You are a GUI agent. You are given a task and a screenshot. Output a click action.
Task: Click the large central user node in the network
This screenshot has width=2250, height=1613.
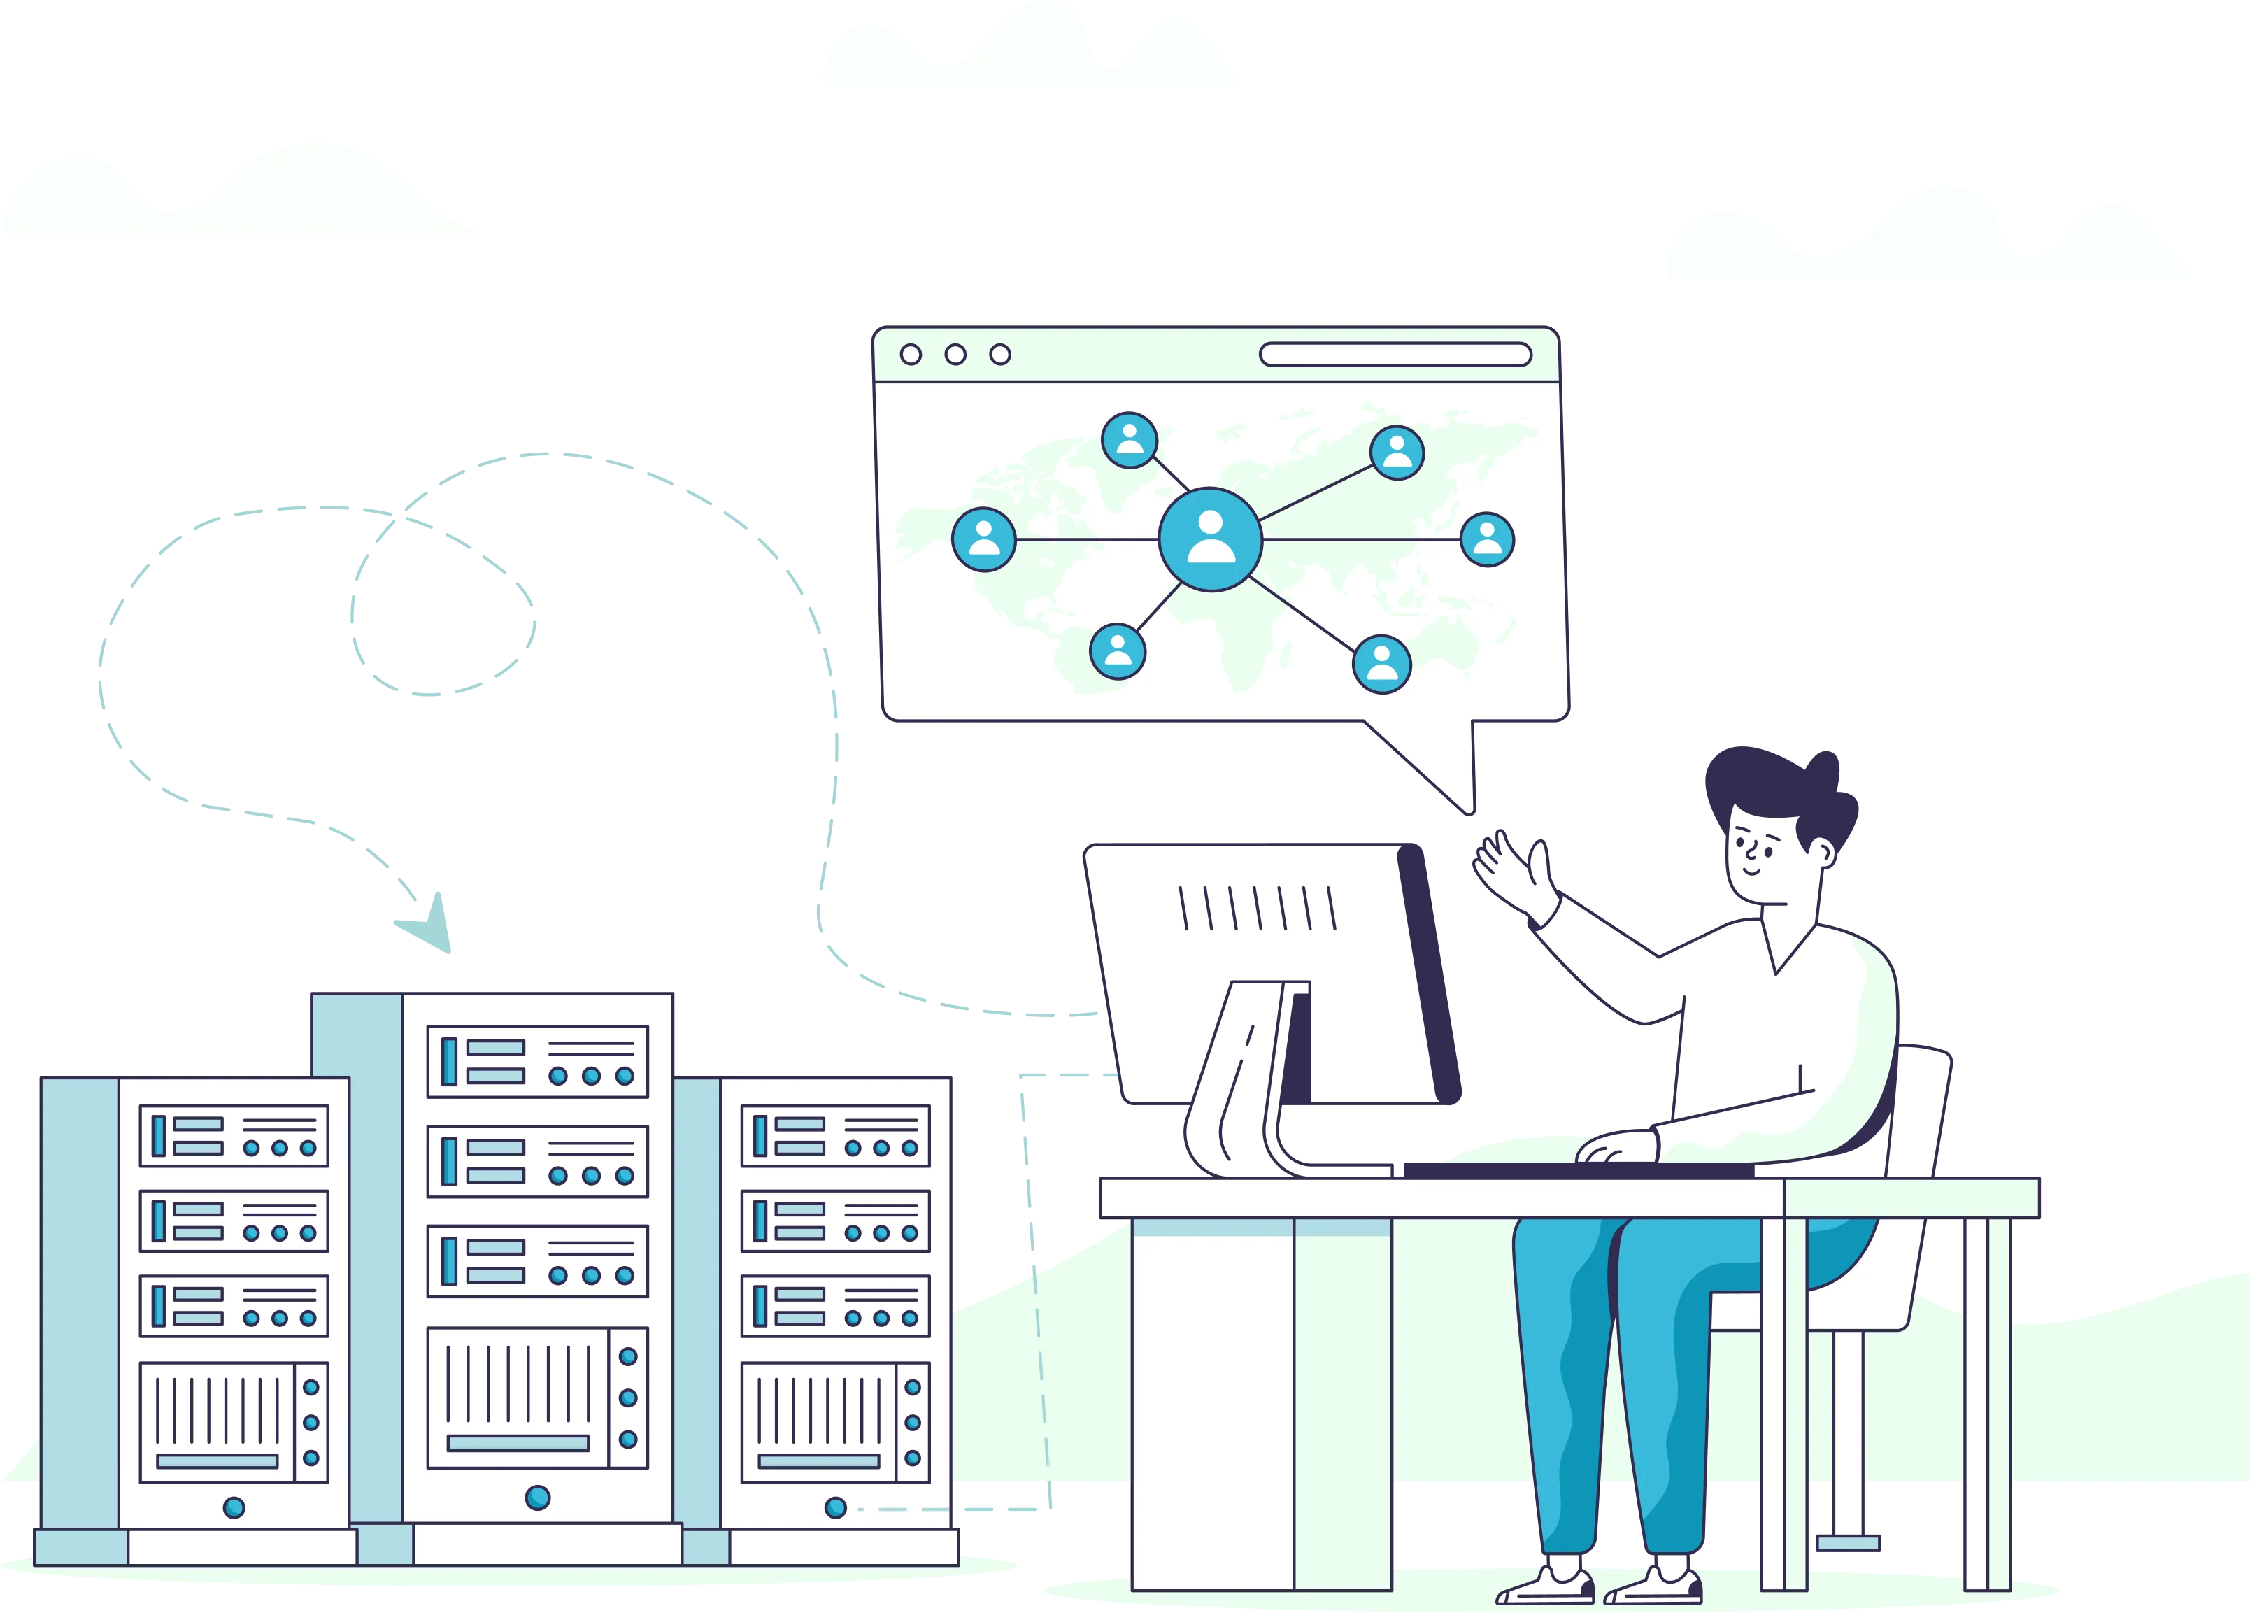click(1210, 540)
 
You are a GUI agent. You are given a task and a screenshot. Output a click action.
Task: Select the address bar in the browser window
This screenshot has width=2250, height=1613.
click(1395, 354)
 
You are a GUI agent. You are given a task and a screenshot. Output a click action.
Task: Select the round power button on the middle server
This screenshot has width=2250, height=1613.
click(536, 1497)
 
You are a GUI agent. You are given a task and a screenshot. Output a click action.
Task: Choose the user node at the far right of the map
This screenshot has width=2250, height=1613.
click(1487, 540)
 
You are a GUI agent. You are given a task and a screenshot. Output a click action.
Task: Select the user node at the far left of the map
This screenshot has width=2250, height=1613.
click(983, 540)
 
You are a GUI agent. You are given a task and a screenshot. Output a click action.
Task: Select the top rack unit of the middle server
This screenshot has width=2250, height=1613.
click(536, 1061)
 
